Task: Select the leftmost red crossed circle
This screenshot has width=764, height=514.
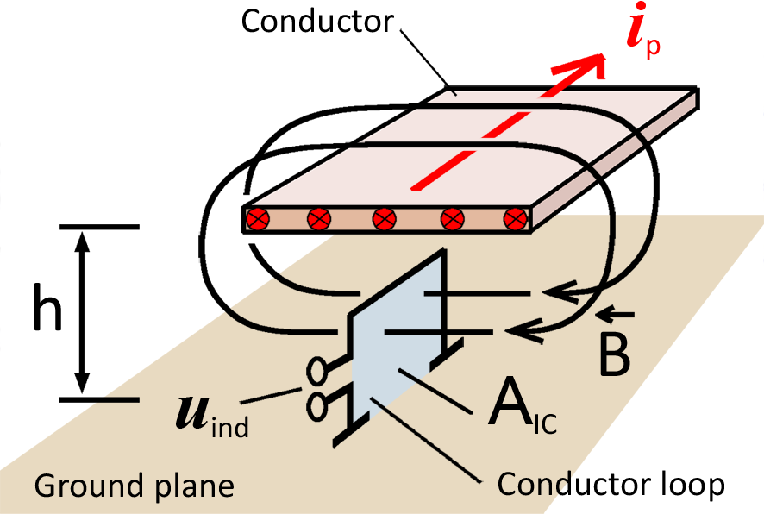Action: (x=257, y=219)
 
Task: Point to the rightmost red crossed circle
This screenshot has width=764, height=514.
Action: (x=515, y=219)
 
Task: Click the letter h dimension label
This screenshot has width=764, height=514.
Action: (x=48, y=312)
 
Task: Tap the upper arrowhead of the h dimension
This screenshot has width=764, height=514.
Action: (x=83, y=241)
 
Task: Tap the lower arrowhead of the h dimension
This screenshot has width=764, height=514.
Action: (x=83, y=385)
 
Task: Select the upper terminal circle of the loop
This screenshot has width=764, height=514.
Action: (x=316, y=371)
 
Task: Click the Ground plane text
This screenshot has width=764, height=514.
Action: (x=134, y=486)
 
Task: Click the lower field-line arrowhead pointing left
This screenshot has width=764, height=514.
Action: (x=526, y=330)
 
